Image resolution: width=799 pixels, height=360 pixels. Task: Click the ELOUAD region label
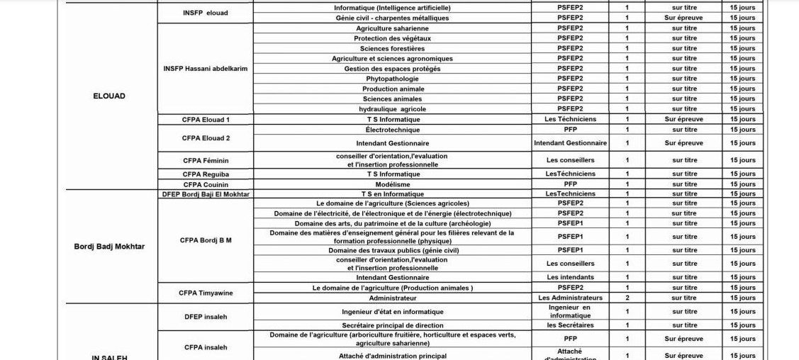(x=109, y=96)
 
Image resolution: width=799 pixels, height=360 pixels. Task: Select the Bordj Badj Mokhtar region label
(x=109, y=247)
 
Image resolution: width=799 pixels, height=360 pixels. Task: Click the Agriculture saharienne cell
(x=393, y=28)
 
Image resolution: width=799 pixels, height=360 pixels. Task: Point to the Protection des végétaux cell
(x=393, y=38)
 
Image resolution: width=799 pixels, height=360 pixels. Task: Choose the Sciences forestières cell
(x=393, y=48)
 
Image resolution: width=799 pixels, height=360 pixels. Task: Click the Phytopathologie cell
(x=393, y=79)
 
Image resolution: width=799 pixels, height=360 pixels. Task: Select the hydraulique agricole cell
(x=393, y=109)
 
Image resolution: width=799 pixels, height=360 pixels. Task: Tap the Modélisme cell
(x=393, y=184)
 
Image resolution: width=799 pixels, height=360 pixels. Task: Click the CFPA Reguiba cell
(x=206, y=174)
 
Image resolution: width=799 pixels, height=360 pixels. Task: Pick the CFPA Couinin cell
(x=206, y=184)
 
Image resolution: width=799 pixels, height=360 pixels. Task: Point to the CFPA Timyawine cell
(x=206, y=293)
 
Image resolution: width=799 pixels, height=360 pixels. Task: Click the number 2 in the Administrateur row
(x=627, y=298)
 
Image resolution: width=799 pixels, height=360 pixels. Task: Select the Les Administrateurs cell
(x=571, y=298)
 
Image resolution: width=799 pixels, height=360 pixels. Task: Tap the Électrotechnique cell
(x=393, y=130)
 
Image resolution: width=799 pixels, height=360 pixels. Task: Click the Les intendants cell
(x=571, y=277)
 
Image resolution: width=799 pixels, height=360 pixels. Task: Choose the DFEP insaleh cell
(x=206, y=317)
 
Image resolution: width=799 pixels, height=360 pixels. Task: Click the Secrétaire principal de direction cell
(x=393, y=325)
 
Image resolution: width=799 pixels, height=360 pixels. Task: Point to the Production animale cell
(x=393, y=89)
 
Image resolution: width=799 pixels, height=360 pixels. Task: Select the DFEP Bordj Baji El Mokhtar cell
(x=206, y=194)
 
